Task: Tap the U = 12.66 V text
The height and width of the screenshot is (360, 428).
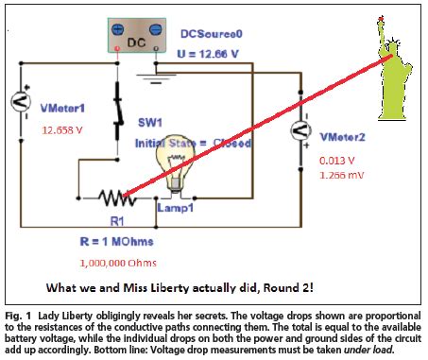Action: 214,53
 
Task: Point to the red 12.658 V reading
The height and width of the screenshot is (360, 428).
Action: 61,130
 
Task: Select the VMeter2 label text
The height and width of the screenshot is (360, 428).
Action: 345,137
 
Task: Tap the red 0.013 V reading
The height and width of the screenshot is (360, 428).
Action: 337,161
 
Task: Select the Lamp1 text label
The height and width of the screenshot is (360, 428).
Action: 175,207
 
